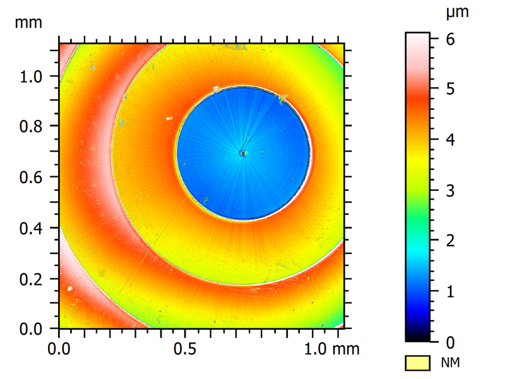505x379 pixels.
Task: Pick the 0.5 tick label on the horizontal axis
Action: (184, 347)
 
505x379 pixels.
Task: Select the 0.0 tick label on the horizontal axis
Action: (59, 347)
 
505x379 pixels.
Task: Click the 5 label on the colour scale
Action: (451, 88)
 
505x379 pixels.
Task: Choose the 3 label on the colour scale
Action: (451, 190)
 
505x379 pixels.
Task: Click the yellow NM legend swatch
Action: (417, 362)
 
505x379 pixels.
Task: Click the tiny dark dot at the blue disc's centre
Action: (242, 152)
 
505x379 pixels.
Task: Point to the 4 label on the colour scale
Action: (451, 140)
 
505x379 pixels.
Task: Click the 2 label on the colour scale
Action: (451, 241)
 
